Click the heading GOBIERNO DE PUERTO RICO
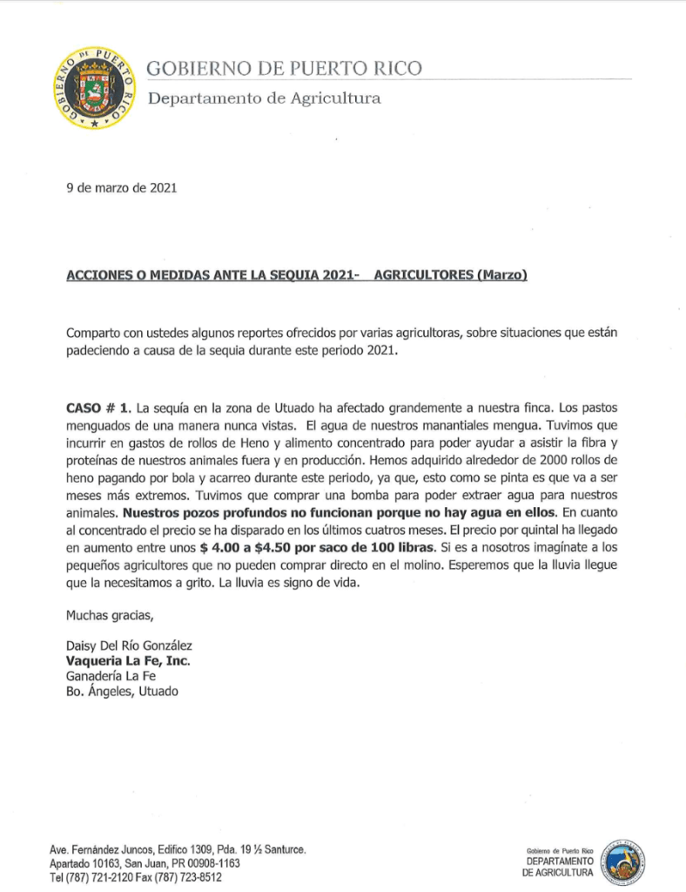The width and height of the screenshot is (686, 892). (285, 69)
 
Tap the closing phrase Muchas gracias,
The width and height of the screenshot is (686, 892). (110, 617)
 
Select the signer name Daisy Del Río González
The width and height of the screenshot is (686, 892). (129, 645)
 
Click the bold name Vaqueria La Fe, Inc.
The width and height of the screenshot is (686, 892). (128, 661)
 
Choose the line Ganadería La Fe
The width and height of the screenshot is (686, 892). (111, 676)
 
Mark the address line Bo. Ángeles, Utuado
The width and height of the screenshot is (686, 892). (121, 692)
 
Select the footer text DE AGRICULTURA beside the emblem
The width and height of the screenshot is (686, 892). (558, 872)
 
